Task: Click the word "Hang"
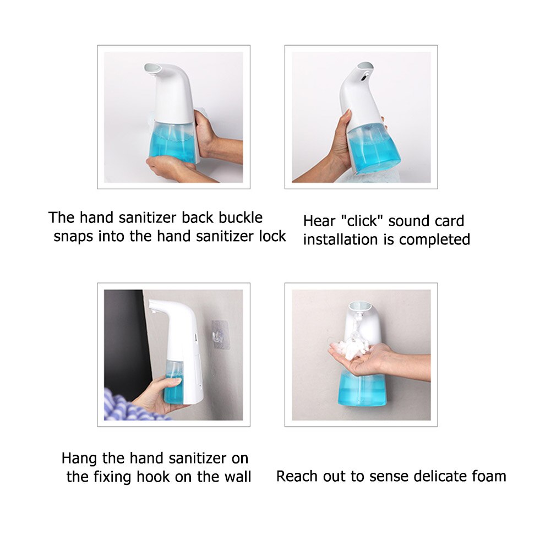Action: click(x=78, y=458)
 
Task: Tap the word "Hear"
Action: click(x=319, y=221)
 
